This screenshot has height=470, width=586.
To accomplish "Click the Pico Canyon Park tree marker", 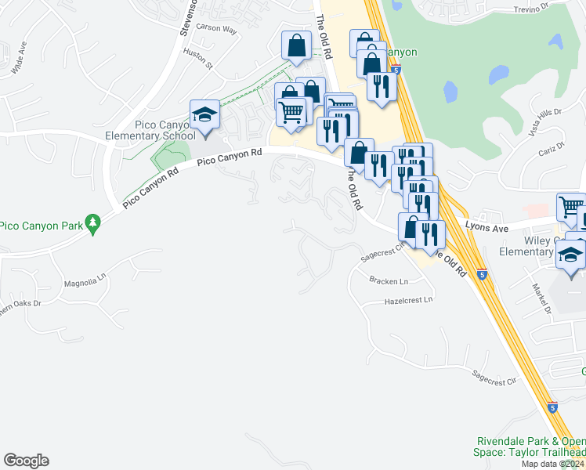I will tap(93, 224).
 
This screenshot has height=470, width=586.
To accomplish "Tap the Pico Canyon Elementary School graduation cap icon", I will tap(204, 116).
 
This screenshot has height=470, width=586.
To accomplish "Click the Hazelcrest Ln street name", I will tap(408, 299).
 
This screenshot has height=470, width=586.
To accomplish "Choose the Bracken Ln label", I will tap(389, 281).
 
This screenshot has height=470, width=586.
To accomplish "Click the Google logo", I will tap(26, 461).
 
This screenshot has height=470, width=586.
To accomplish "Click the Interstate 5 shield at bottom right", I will tap(552, 407).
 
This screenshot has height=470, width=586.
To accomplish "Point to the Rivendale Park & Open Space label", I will tap(529, 447).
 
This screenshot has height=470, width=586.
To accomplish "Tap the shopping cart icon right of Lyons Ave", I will tap(570, 207).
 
